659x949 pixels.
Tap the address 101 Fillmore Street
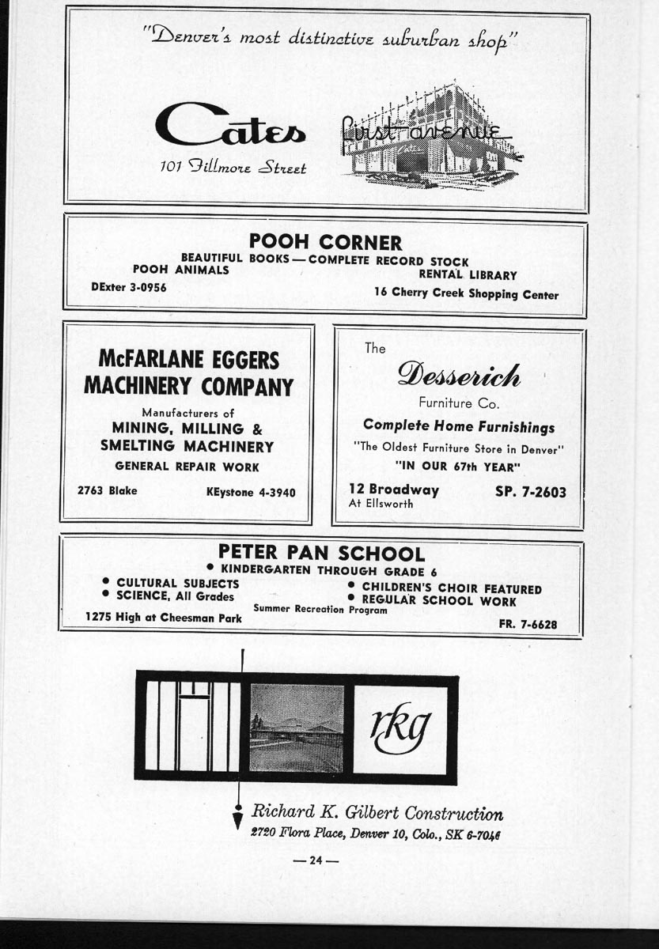pyautogui.click(x=233, y=167)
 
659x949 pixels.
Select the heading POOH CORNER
pyautogui.click(x=325, y=242)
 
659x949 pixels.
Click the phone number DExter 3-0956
pyautogui.click(x=129, y=287)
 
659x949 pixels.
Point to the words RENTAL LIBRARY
pyautogui.click(x=468, y=275)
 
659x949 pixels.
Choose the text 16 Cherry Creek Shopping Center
pyautogui.click(x=466, y=294)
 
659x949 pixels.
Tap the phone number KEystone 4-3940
pyautogui.click(x=251, y=492)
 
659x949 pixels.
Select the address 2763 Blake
pyautogui.click(x=107, y=490)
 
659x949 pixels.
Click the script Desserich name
pyautogui.click(x=459, y=374)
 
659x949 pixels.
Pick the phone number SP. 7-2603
pyautogui.click(x=530, y=492)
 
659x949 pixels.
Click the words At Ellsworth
pyautogui.click(x=381, y=504)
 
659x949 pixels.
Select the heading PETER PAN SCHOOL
pyautogui.click(x=321, y=554)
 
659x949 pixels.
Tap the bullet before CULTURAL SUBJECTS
pyautogui.click(x=105, y=583)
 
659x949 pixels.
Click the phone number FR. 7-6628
pyautogui.click(x=528, y=624)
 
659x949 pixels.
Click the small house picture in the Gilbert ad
pyautogui.click(x=297, y=728)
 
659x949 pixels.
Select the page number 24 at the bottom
pyautogui.click(x=316, y=860)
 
